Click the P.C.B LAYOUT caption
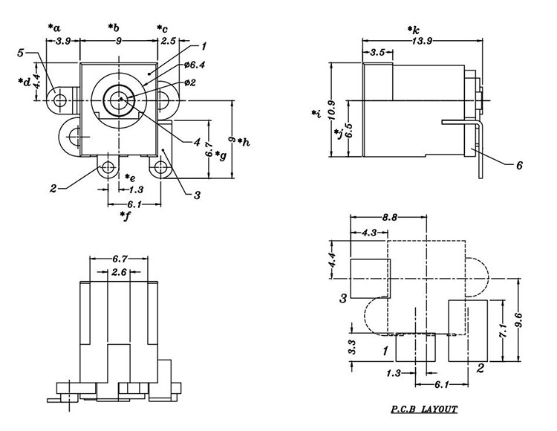pyautogui.click(x=424, y=409)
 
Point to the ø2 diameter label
pyautogui.click(x=190, y=82)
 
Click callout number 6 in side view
pyautogui.click(x=519, y=165)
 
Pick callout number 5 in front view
pyautogui.click(x=21, y=52)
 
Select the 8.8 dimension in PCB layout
pyautogui.click(x=386, y=217)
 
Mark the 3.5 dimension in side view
pyautogui.click(x=377, y=53)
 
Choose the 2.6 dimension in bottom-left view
pyautogui.click(x=120, y=273)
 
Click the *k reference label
pyautogui.click(x=414, y=29)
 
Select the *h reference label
pyautogui.click(x=243, y=142)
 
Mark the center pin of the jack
pyautogui.click(x=119, y=98)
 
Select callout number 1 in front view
pyautogui.click(x=203, y=46)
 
